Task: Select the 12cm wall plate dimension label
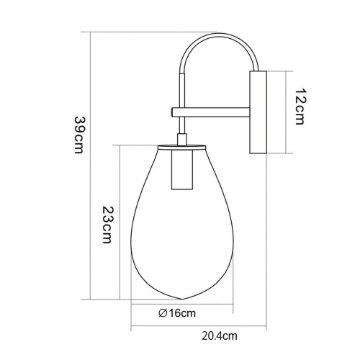point(302,110)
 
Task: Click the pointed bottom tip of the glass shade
point(180,297)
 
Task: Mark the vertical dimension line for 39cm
point(90,166)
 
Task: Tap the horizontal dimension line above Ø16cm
point(180,304)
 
